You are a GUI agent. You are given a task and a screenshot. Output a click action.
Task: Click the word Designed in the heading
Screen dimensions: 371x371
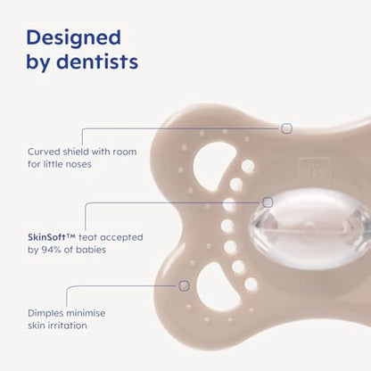pos(73,38)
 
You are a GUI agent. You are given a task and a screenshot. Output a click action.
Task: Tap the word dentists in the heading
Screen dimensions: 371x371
pos(97,62)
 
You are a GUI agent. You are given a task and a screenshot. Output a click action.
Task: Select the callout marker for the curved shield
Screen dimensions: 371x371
pos(286,128)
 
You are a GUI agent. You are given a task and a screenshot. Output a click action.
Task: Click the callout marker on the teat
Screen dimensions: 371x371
pos(268,202)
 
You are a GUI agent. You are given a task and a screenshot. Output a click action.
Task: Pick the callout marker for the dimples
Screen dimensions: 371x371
pos(185,285)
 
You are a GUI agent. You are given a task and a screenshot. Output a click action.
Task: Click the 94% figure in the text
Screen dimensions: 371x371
pos(51,250)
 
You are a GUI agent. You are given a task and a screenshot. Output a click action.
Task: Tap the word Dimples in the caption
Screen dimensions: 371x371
pos(45,313)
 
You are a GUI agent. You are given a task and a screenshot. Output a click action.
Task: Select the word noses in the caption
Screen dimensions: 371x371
pos(79,164)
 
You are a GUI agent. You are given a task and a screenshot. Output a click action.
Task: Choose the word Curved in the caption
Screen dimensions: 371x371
pos(44,152)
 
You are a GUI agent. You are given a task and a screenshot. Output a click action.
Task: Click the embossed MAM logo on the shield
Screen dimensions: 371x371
pos(314,170)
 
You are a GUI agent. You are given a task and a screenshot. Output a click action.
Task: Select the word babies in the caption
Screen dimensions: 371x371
pos(91,250)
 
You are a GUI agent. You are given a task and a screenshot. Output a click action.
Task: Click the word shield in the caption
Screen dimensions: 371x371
pos(76,152)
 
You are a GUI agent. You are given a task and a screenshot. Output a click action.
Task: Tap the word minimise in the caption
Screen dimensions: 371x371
pos(86,313)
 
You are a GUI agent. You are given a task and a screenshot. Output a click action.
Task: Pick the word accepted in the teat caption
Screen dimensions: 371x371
pos(121,237)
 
